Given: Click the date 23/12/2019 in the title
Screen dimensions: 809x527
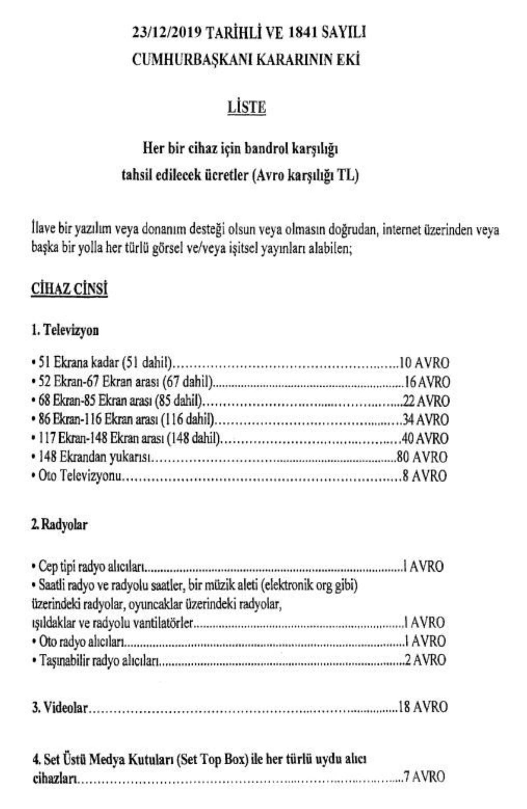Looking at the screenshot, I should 166,33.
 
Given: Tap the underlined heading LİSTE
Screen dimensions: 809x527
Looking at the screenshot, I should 246,107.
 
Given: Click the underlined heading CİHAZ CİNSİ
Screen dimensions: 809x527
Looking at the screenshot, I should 69,290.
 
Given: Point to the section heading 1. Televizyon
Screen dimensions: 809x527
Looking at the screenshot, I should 65,330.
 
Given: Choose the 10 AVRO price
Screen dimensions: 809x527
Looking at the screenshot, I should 424,363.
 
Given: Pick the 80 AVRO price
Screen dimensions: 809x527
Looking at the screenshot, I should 422,457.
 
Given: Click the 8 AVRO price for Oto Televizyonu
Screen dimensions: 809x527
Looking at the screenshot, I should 425,476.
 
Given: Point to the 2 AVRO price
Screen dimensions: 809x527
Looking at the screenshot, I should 425,660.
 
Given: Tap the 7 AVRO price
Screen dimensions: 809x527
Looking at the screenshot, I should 424,777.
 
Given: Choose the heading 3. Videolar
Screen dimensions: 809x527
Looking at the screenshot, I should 60,708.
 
